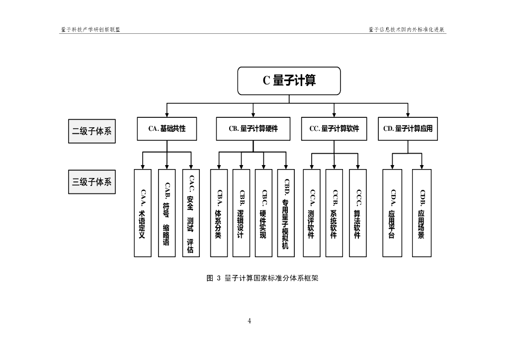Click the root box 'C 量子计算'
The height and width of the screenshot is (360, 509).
click(x=289, y=81)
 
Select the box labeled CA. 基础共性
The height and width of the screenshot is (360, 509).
click(x=167, y=129)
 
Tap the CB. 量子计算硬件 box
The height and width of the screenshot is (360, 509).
click(x=253, y=129)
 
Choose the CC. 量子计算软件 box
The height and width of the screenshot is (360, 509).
click(x=334, y=129)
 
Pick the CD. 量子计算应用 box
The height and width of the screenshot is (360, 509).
click(x=408, y=129)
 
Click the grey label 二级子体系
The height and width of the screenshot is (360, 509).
click(x=91, y=132)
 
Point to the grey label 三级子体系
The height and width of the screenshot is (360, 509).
click(x=91, y=182)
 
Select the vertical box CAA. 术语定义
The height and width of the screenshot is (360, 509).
click(x=143, y=213)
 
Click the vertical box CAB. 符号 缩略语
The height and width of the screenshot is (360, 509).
click(x=167, y=213)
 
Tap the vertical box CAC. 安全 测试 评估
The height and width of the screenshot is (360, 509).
click(x=191, y=213)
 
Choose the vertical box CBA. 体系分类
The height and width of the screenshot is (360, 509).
click(x=219, y=213)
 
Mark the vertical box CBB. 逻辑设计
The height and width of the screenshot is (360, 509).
click(x=241, y=213)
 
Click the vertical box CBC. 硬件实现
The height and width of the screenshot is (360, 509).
click(x=263, y=213)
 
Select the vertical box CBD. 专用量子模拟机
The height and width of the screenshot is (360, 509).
click(x=286, y=213)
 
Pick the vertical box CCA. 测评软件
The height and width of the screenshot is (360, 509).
click(x=312, y=213)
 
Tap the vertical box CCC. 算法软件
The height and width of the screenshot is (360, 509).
click(x=357, y=213)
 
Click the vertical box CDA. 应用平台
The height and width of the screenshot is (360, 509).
click(x=392, y=213)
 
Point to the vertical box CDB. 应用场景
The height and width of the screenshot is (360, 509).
click(x=422, y=213)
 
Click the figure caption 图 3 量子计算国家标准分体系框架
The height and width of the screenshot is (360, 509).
click(x=262, y=278)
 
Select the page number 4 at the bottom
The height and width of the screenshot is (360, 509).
click(x=250, y=321)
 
